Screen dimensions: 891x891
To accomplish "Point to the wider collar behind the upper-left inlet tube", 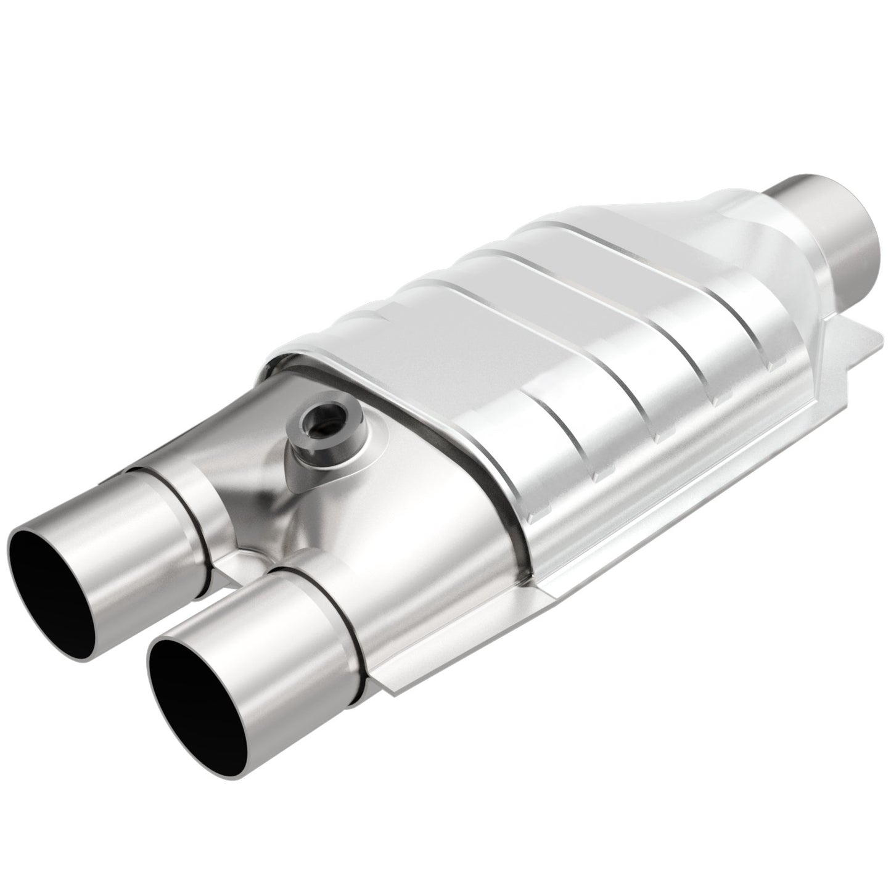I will tap(185, 493).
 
